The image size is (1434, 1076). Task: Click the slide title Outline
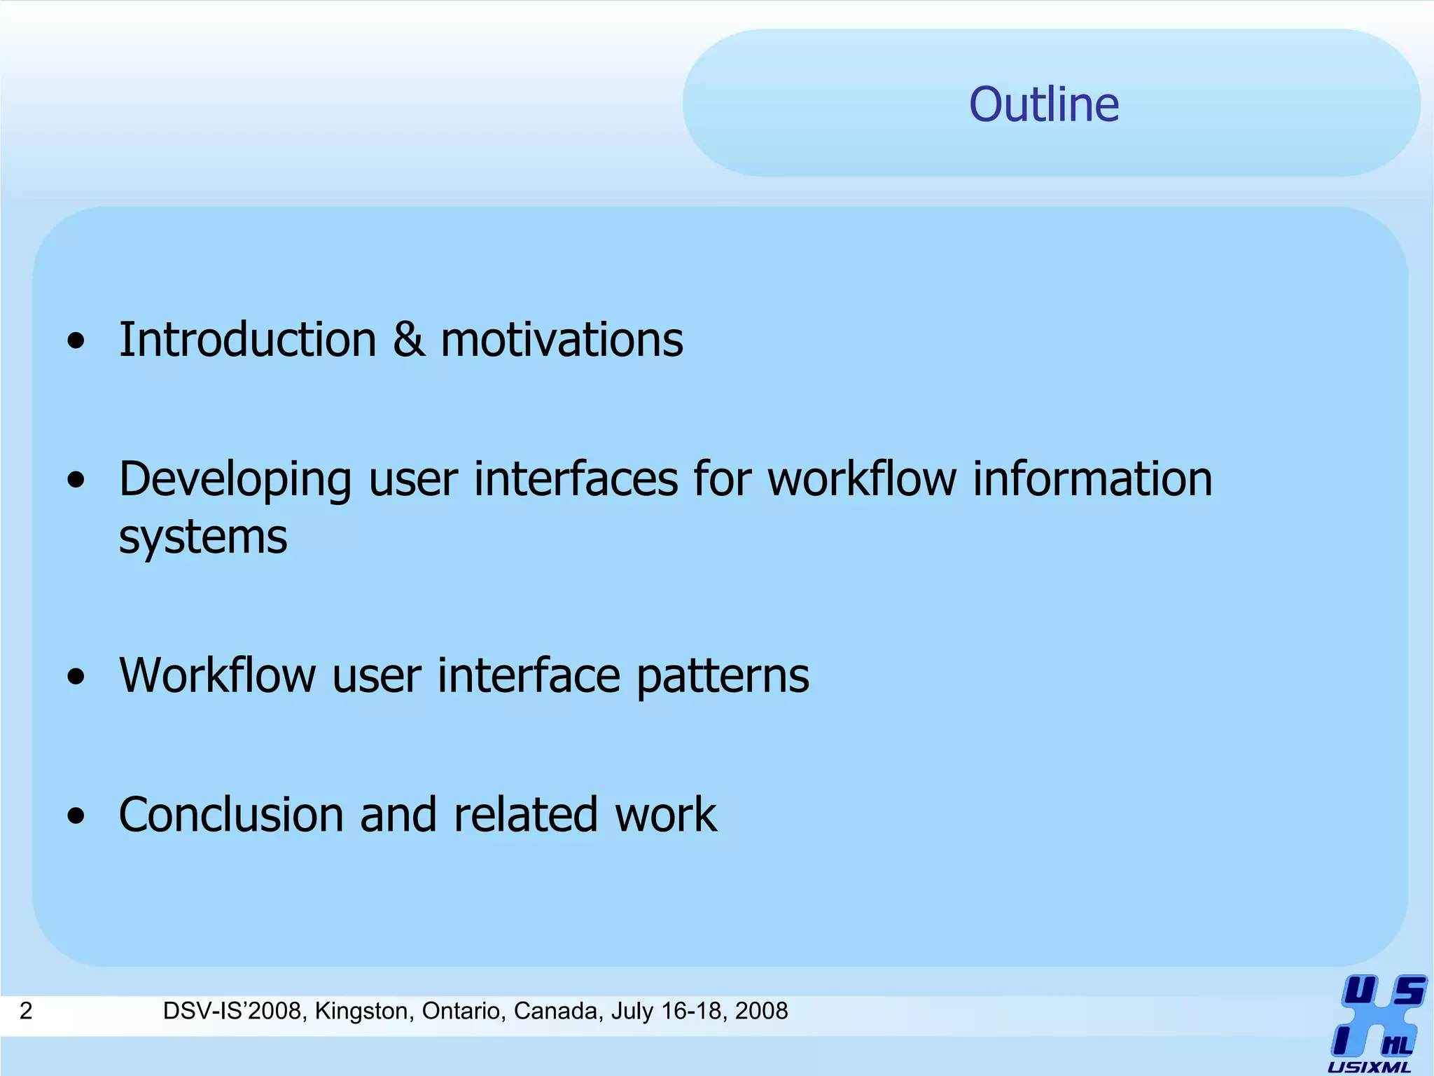[1044, 104]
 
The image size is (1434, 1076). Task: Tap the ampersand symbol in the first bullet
[408, 340]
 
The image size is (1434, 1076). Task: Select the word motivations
[562, 340]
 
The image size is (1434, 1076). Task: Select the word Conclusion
[231, 815]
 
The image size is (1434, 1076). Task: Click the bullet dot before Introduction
[76, 342]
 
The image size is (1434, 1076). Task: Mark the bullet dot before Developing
[76, 481]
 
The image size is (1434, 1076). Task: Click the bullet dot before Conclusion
[76, 816]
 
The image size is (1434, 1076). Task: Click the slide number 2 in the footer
[26, 1011]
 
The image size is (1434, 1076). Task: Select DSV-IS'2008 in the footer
[235, 1011]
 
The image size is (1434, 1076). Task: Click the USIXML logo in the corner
[1377, 1023]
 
